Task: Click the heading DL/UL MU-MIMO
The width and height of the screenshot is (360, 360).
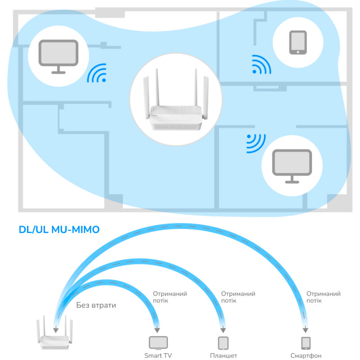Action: point(59,230)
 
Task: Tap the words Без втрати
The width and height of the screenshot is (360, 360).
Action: point(96,305)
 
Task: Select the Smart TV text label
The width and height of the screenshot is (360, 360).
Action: point(158,355)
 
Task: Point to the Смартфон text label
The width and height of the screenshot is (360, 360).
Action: point(306,355)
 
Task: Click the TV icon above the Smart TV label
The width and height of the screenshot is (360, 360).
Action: point(158,343)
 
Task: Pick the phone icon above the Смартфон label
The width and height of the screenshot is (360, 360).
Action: point(306,343)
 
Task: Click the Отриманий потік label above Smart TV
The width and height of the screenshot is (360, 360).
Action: point(170,297)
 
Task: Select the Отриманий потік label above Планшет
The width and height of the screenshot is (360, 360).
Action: point(238,297)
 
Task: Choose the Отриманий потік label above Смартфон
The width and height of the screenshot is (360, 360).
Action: point(323,297)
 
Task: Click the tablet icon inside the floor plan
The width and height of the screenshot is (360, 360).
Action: point(297,43)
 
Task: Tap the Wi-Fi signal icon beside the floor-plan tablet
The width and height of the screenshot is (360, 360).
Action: point(261,65)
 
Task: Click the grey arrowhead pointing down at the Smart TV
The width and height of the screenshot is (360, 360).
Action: point(157,328)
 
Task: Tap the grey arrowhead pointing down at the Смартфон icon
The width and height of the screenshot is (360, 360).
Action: point(306,328)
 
